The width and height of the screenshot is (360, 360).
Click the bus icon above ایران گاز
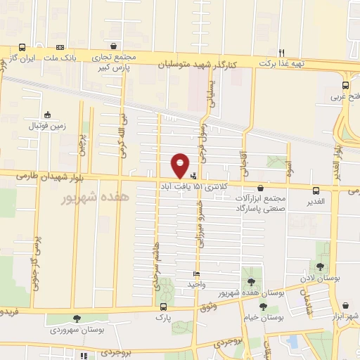(x=22, y=47)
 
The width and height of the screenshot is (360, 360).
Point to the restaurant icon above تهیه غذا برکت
(x=281, y=52)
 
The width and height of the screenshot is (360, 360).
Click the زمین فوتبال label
(x=46, y=127)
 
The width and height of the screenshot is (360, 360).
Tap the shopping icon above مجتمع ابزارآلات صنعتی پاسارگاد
(x=262, y=188)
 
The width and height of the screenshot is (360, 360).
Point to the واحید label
(x=196, y=284)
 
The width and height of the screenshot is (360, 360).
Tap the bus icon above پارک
(x=163, y=307)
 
